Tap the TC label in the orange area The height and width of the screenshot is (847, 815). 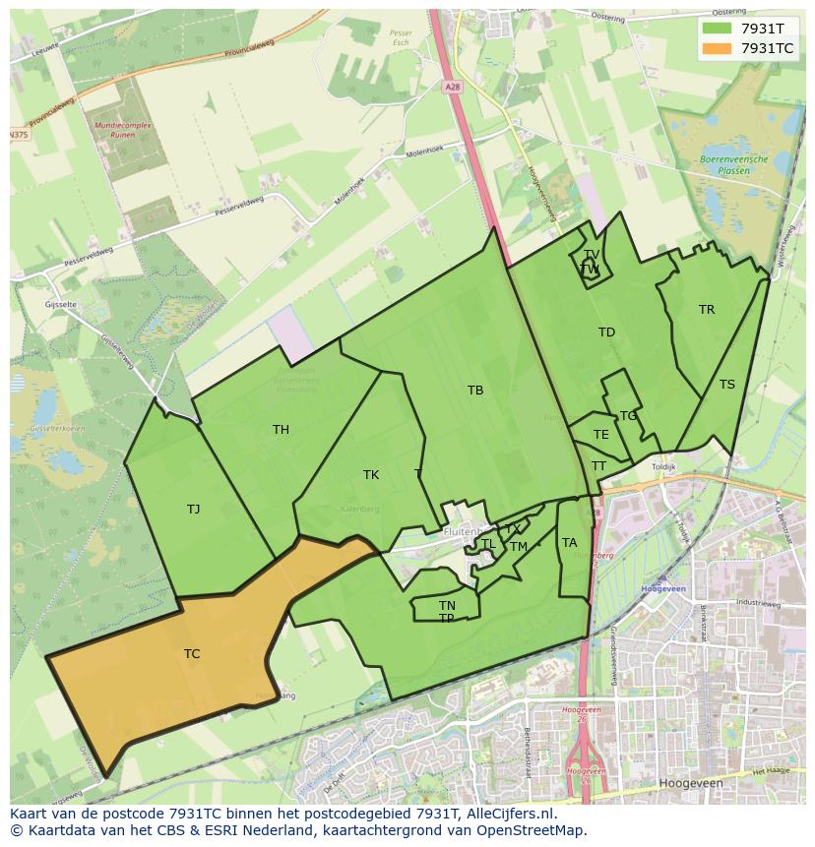pos(192,654)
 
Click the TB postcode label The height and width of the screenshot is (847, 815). pos(475,391)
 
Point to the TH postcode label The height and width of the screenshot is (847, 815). pos(281,430)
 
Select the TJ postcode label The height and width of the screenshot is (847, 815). pos(193,510)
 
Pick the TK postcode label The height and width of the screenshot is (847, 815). pos(371,475)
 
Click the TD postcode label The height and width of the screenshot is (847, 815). pos(606,333)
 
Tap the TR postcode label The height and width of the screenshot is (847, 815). pos(707,310)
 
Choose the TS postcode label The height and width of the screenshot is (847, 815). pos(726,385)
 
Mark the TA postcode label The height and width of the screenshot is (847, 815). pos(569,543)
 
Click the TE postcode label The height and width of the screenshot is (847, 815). pos(600,435)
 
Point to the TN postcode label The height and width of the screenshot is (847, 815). pos(447,606)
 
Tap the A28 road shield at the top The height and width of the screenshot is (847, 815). pos(452,88)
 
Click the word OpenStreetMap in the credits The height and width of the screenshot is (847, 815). pos(530,830)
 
